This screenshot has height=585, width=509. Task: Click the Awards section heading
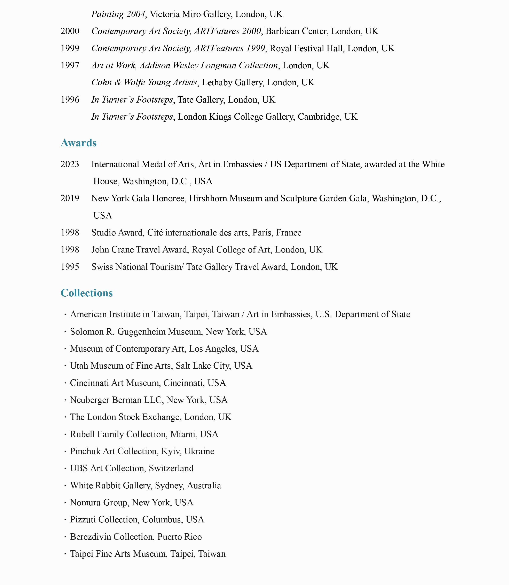click(78, 143)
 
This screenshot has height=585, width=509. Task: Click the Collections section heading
click(87, 293)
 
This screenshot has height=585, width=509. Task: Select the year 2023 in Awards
click(70, 164)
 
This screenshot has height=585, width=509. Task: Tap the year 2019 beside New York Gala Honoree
click(70, 198)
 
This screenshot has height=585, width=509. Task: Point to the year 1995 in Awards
click(70, 267)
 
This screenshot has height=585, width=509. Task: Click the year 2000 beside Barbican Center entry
click(70, 31)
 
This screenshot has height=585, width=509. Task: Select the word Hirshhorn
click(208, 198)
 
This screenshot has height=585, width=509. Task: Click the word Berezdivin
click(90, 537)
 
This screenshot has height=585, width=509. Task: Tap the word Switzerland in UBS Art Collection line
click(171, 468)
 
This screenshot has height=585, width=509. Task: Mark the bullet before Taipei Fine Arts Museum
click(65, 554)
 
